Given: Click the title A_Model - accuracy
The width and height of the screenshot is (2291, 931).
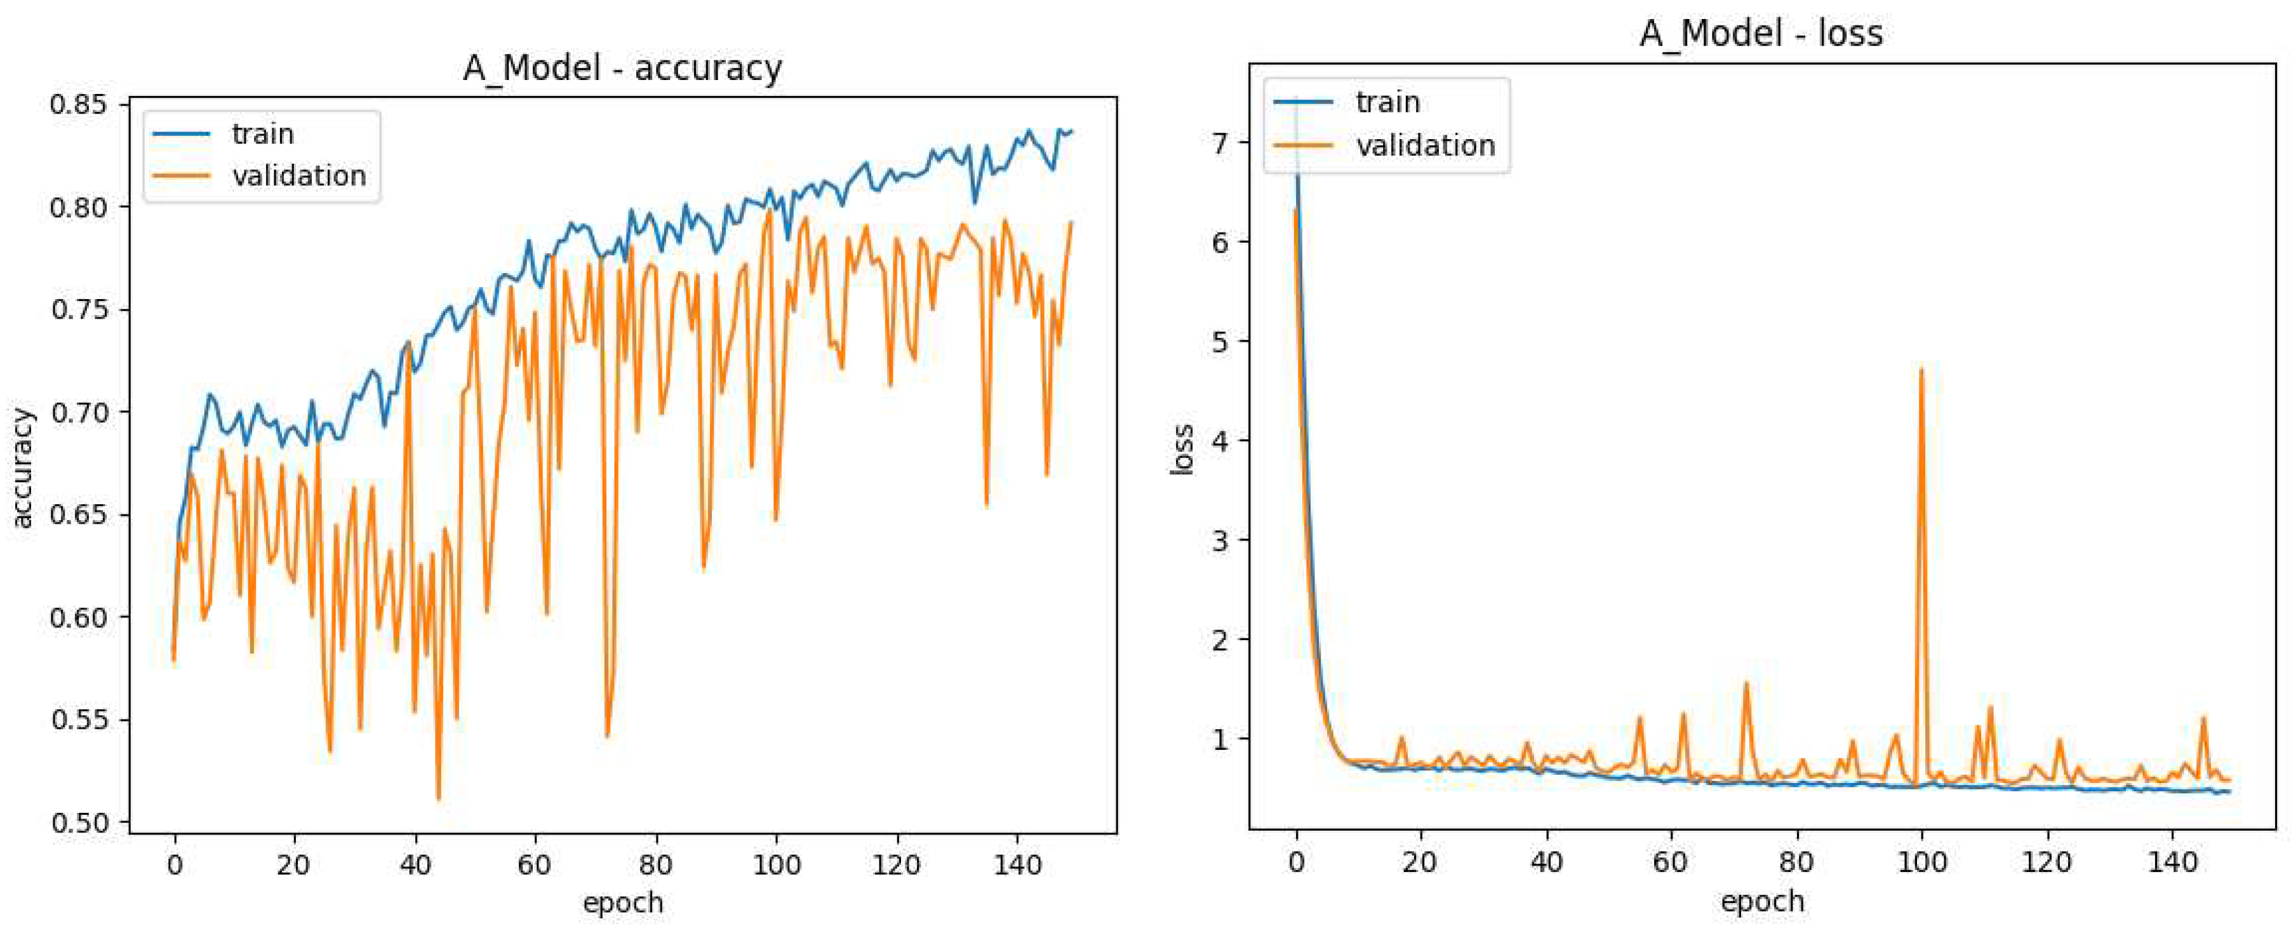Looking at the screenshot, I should click(622, 69).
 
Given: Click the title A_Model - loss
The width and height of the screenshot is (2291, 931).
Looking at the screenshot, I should click(1761, 34).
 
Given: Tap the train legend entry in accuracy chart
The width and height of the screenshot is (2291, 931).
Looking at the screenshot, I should click(262, 134).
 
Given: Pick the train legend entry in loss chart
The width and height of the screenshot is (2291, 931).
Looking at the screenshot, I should click(1387, 102).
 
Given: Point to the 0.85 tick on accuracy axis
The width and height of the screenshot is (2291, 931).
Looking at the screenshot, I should click(78, 105).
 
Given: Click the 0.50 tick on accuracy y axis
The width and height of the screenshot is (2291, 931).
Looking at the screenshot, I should click(78, 822).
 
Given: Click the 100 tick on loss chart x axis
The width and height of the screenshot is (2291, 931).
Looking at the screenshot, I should click(1922, 862).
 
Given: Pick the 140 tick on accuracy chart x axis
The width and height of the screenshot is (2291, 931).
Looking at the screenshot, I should click(1017, 865).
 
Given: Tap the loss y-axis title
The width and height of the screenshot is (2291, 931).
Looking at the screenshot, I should click(1181, 450).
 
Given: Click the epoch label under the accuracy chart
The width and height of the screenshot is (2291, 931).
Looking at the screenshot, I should click(622, 904).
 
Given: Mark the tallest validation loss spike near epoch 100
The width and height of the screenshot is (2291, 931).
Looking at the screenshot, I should click(1921, 370).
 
